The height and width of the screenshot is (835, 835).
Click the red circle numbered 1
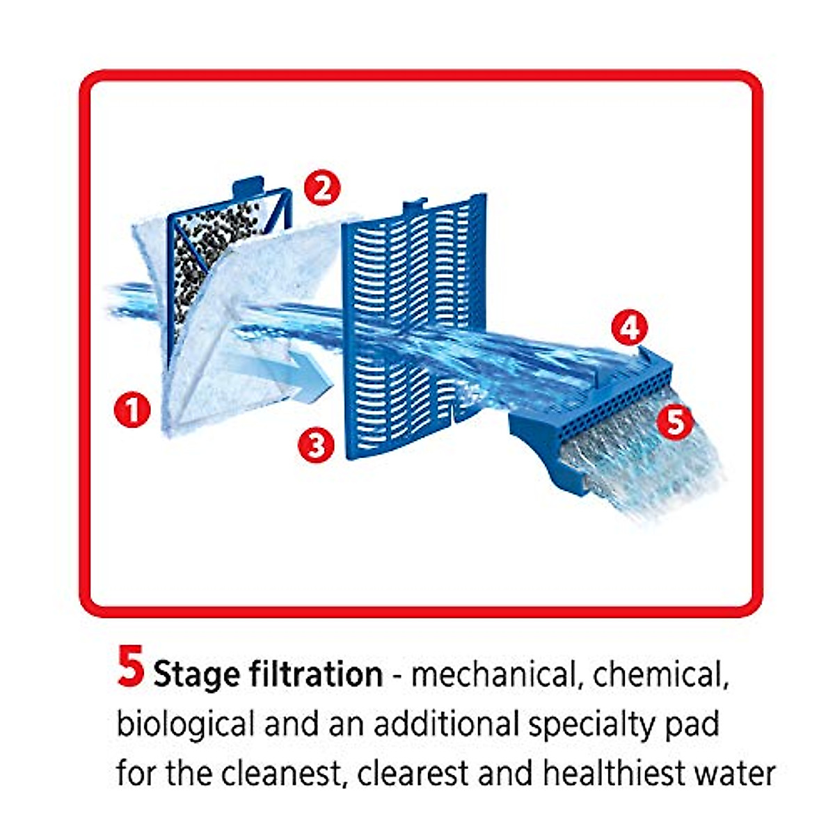click(132, 409)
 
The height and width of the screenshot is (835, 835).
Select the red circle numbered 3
click(317, 443)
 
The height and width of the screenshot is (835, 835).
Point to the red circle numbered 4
click(629, 328)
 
